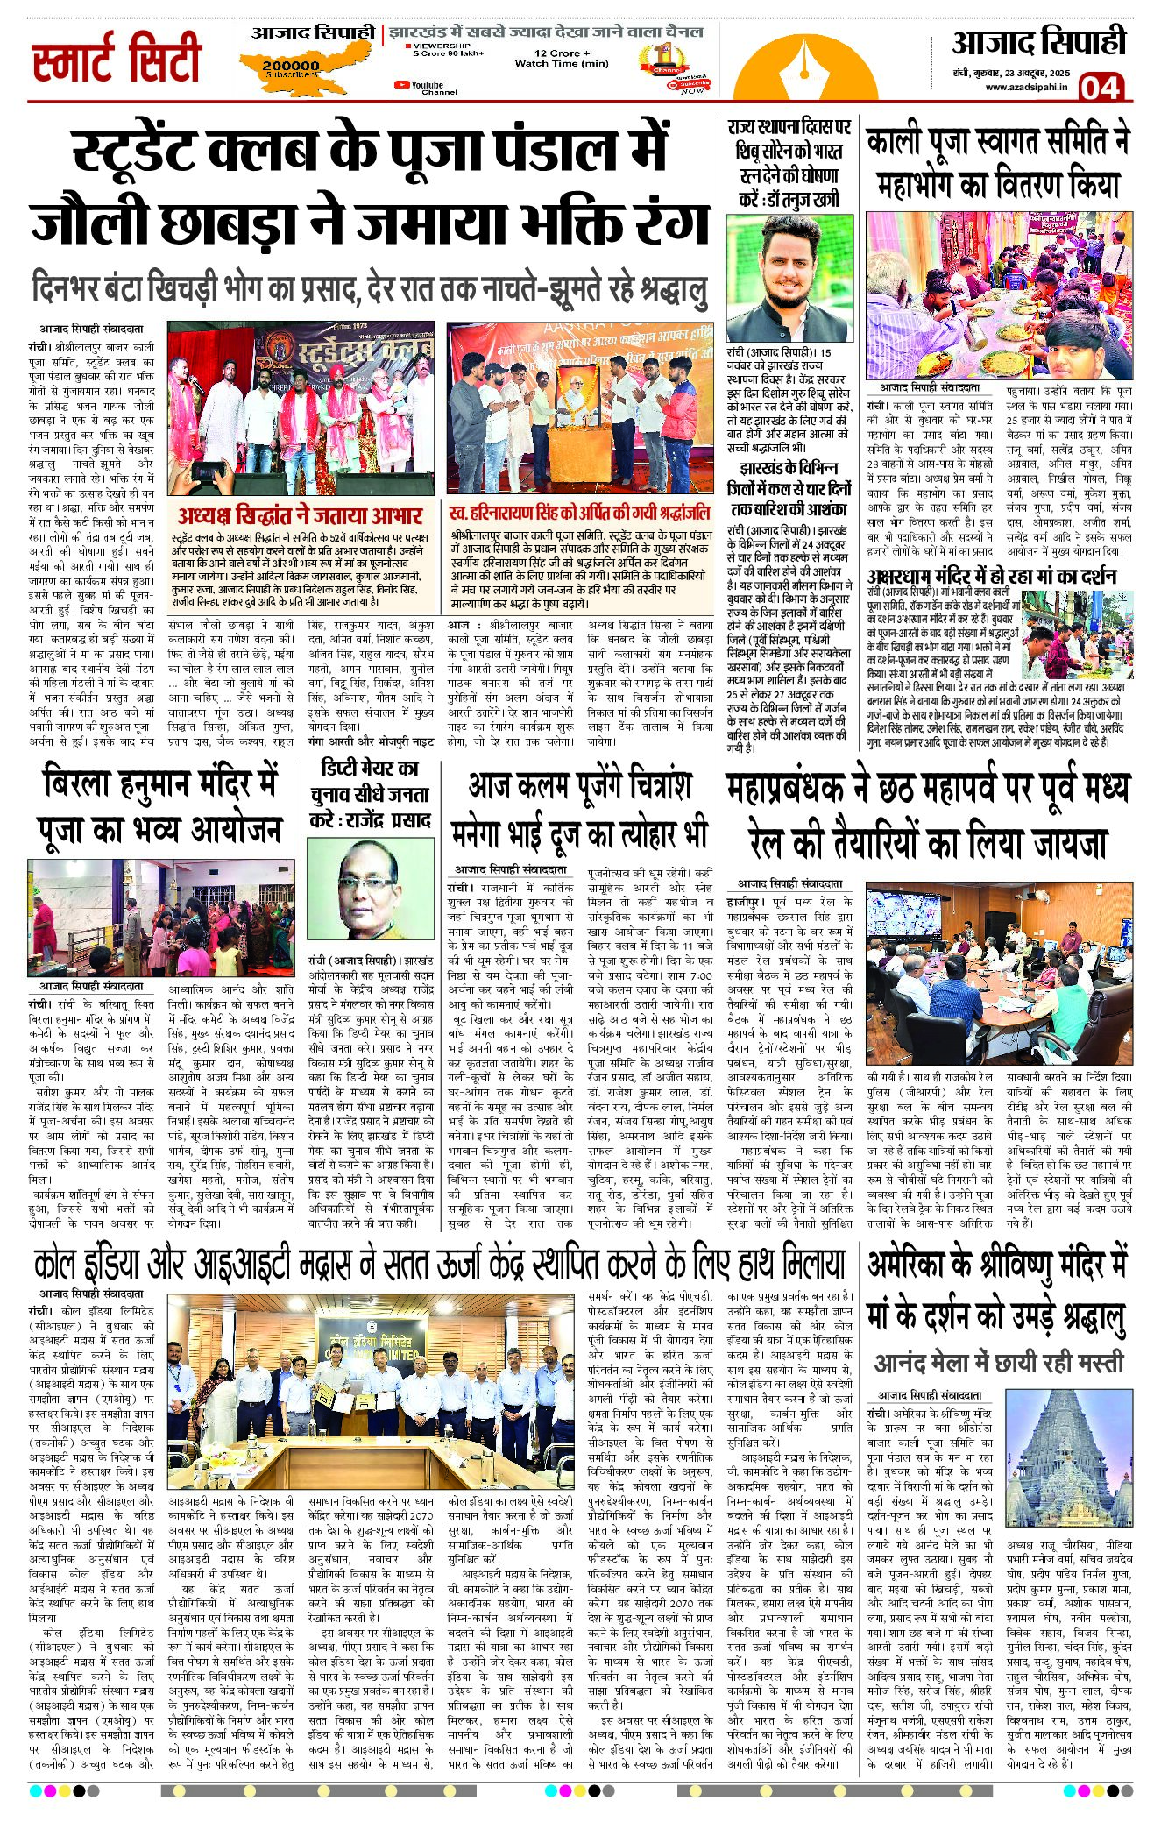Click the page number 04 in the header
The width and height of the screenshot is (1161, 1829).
pyautogui.click(x=1100, y=88)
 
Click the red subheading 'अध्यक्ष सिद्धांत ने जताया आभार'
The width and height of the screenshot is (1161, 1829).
pyautogui.click(x=300, y=514)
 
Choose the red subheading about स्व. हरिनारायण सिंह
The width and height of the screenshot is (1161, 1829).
pyautogui.click(x=579, y=513)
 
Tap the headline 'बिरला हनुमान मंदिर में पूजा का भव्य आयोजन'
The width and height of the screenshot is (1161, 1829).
pyautogui.click(x=159, y=805)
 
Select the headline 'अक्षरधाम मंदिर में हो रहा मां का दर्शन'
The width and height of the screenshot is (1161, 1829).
pyautogui.click(x=991, y=576)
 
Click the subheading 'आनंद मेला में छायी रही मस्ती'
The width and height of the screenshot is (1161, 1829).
pyautogui.click(x=998, y=1363)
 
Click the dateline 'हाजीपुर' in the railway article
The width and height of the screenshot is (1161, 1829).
pyautogui.click(x=746, y=902)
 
